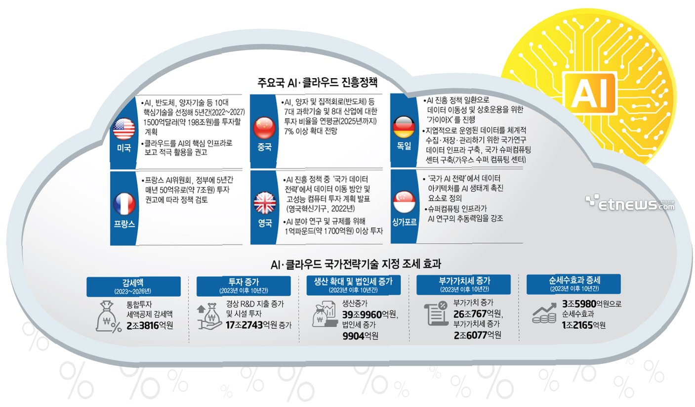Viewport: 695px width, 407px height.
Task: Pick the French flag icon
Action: click(x=123, y=203)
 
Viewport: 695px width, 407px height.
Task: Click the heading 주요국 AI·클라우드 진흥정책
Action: click(x=316, y=82)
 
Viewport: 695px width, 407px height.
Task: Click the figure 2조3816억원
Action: click(x=150, y=324)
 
